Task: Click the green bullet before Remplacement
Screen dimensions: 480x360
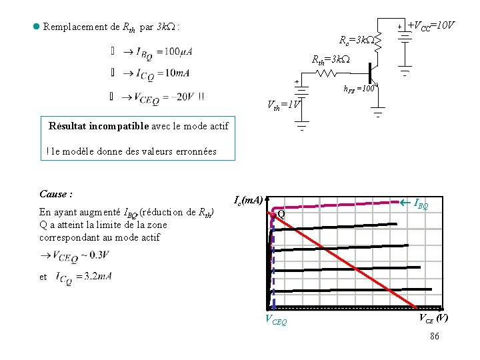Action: (36, 27)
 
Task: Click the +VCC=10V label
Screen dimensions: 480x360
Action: (431, 25)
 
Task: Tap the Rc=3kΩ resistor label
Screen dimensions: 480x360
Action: (356, 40)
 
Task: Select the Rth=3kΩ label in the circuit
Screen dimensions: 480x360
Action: (330, 60)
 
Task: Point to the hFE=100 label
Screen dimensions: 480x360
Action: (360, 88)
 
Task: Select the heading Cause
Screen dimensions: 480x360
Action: (55, 194)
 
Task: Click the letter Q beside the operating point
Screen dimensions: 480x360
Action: (281, 214)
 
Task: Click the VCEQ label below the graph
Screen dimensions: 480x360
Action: (277, 321)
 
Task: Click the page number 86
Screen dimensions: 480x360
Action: (434, 337)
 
